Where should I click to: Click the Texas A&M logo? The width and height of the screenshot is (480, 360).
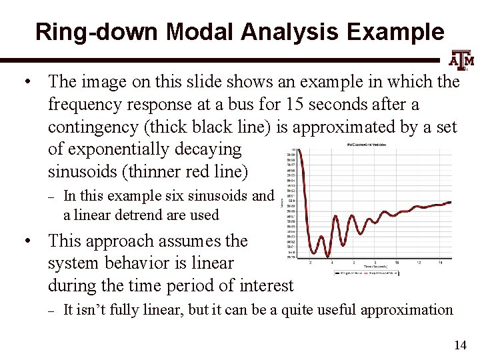pos(460,61)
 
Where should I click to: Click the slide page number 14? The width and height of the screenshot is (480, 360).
pos(459,345)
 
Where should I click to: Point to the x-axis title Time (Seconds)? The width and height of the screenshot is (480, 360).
pos(381,266)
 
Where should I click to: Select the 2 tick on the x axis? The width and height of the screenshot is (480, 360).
pos(311,262)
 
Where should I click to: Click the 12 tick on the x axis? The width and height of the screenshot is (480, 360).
pos(417,262)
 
